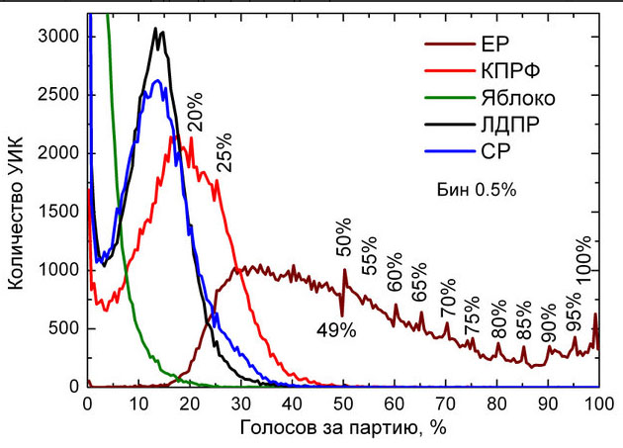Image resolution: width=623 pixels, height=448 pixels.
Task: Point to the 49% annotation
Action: click(336, 330)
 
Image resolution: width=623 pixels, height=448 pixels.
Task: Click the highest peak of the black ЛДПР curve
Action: click(156, 30)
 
